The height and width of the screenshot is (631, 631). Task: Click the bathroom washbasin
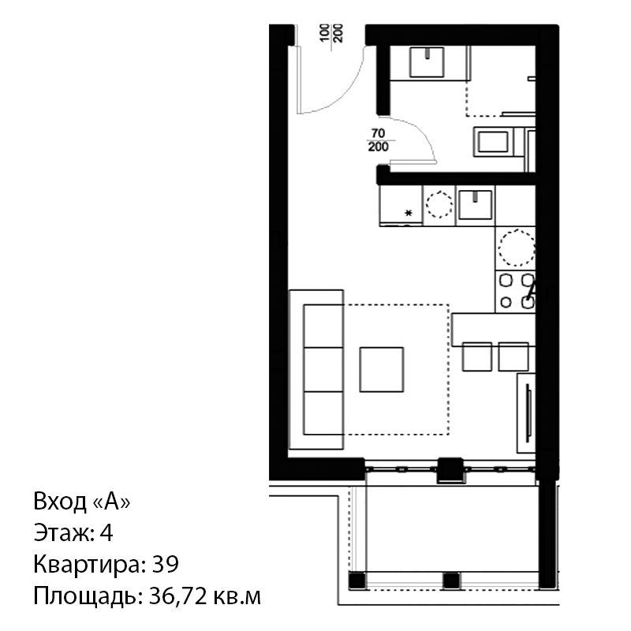(427, 62)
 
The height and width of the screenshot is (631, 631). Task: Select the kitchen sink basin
(476, 205)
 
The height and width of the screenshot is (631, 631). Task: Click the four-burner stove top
(516, 291)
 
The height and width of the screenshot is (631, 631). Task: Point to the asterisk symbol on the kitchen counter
(409, 213)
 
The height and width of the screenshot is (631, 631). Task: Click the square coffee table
(382, 369)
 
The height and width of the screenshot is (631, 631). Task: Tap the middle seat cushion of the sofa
(323, 369)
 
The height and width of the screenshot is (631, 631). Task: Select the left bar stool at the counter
(477, 357)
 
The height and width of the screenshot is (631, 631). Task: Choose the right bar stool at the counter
(513, 357)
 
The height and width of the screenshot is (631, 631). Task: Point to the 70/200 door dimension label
(379, 140)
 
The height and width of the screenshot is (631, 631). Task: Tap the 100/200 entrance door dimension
(331, 33)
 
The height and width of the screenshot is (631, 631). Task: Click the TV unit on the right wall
(526, 413)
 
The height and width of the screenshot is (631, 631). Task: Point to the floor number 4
(106, 533)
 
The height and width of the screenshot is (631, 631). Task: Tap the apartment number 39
(166, 565)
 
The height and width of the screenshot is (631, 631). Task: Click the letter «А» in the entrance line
(112, 502)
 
